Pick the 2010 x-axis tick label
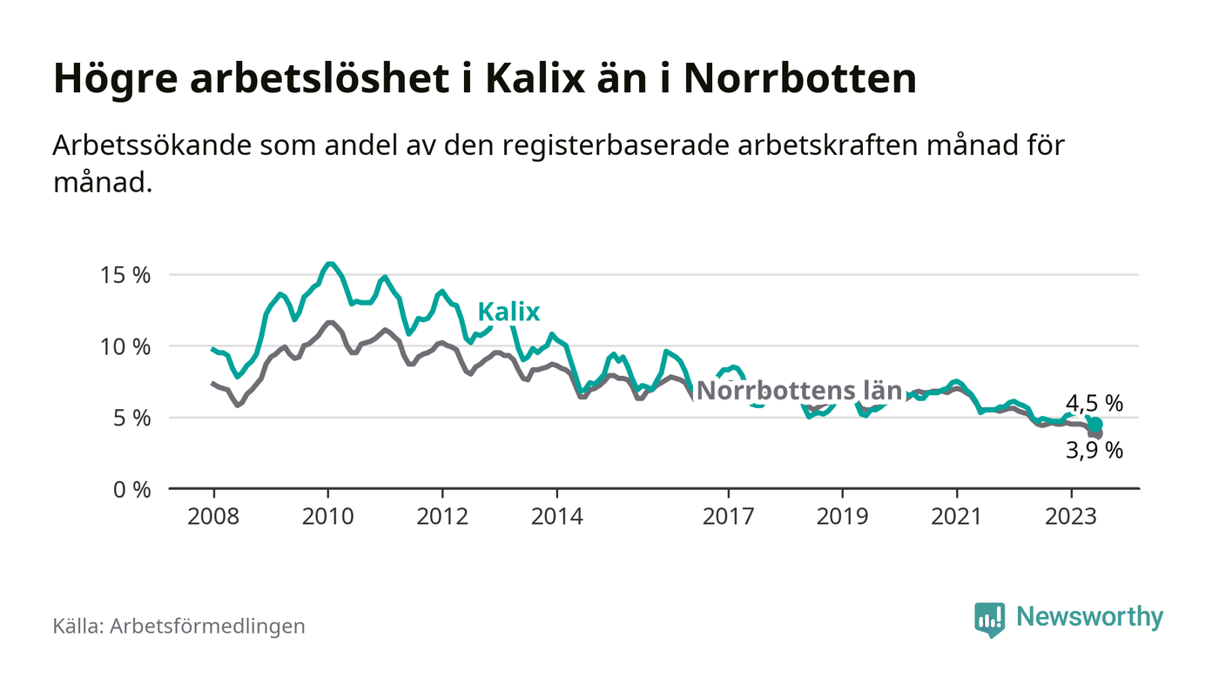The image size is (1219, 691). (x=327, y=515)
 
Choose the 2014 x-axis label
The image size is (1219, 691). (x=556, y=515)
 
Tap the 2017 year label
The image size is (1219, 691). (x=728, y=515)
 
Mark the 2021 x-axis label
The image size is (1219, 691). (x=957, y=515)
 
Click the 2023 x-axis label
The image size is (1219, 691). (x=1071, y=515)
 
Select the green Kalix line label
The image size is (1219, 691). (x=508, y=312)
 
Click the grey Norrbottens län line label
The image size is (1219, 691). (x=799, y=391)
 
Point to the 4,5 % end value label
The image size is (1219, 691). (x=1094, y=404)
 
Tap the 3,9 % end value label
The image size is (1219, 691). (x=1094, y=451)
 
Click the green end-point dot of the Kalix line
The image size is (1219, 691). (x=1095, y=425)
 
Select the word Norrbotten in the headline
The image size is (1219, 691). (x=799, y=79)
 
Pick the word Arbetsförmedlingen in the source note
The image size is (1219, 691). (x=207, y=626)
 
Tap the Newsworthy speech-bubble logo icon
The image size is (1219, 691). (x=989, y=619)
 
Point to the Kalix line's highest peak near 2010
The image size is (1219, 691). (x=329, y=263)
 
